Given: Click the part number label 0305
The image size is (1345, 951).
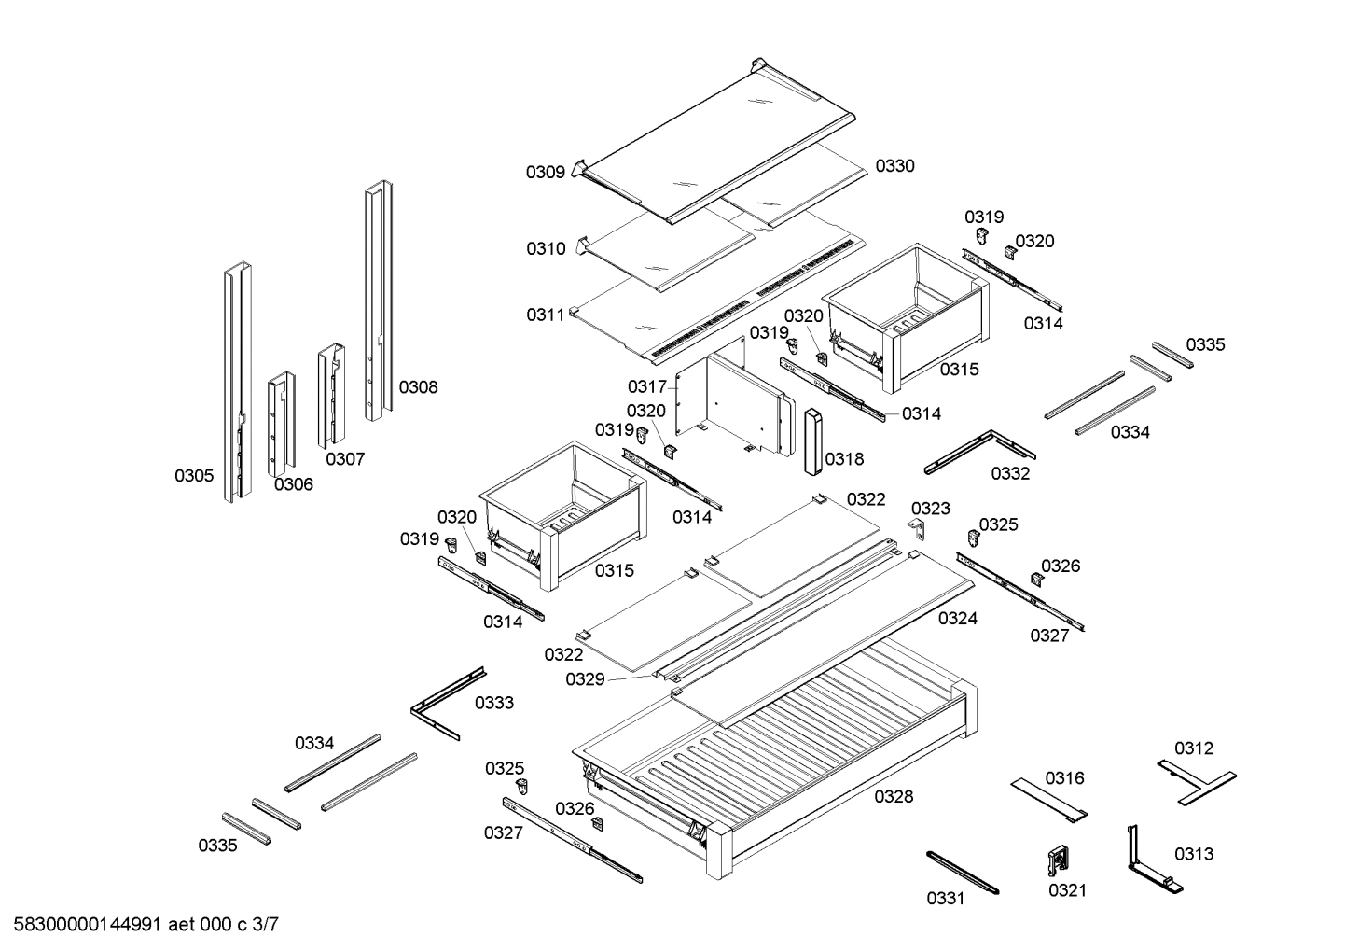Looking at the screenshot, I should (x=194, y=476).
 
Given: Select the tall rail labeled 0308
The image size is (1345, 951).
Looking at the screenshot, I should (x=377, y=299).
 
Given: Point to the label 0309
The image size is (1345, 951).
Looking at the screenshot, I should (x=545, y=172).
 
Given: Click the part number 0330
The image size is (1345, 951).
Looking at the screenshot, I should (x=894, y=166).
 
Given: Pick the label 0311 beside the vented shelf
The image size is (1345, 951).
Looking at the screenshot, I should (x=546, y=315).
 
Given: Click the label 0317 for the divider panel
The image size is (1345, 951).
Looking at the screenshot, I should (x=646, y=386).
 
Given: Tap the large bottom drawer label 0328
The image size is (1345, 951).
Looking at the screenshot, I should (x=894, y=796).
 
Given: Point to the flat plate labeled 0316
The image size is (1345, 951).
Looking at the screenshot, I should (x=1049, y=799).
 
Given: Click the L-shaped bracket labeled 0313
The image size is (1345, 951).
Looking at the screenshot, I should (x=1146, y=859).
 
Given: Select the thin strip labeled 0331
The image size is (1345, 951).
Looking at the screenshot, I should (x=962, y=873).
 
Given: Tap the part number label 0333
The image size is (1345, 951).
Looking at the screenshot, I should (x=493, y=703).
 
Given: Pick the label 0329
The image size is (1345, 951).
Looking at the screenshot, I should (x=585, y=679).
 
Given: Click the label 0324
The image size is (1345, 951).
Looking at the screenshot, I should (x=957, y=618).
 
